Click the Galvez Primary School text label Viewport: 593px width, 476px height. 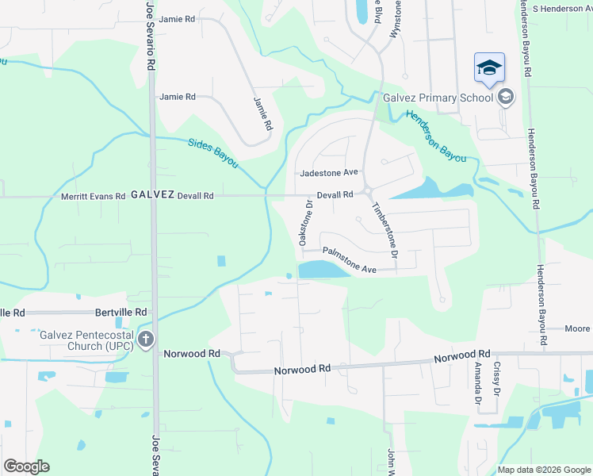(x=438, y=98)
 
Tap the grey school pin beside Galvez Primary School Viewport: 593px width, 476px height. (x=505, y=97)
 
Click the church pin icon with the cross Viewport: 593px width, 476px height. (x=146, y=340)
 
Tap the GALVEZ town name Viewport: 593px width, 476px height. (x=151, y=194)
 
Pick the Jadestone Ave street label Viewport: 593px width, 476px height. (x=330, y=172)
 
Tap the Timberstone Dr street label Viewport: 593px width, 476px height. (x=383, y=229)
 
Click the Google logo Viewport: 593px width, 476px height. (x=26, y=466)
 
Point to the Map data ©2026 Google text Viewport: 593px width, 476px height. (x=543, y=470)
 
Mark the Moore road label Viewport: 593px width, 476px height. (x=576, y=328)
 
